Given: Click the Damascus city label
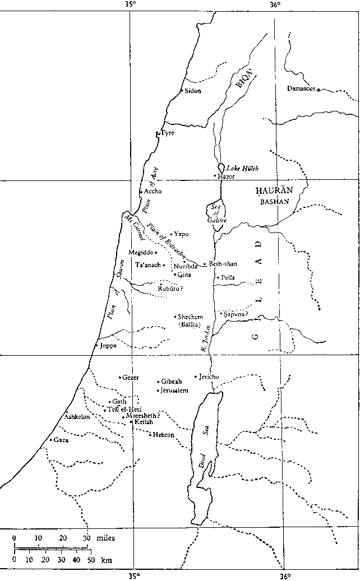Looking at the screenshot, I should pos(301,89).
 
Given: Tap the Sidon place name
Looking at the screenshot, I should pos(192,91).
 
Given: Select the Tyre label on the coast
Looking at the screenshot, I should pos(168,133).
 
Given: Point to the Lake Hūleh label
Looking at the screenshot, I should pos(242,168).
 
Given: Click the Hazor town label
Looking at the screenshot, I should pos(225,176).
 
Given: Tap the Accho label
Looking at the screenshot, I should pos(153,191).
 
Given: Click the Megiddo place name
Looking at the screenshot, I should pos(140,253).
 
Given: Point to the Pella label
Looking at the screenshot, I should pos(228,277).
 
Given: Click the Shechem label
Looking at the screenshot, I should pos(191,317).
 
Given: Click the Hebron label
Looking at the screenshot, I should pos(163,435).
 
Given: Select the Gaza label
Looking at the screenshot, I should pos(61,440).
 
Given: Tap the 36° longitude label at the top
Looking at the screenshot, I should pos(275,5).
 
